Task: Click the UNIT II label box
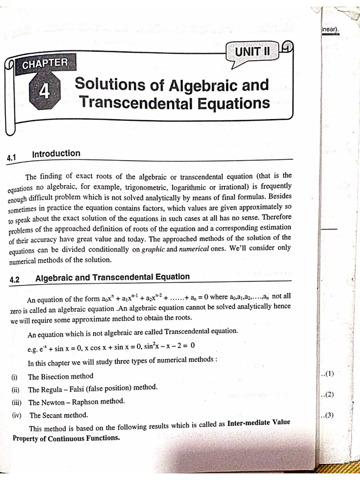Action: click(252, 52)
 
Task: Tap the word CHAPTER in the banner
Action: click(45, 62)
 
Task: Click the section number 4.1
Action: click(12, 158)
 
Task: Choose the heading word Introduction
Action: click(56, 154)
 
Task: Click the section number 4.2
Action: click(14, 280)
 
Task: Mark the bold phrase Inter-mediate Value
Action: click(258, 422)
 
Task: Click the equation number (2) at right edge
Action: click(328, 394)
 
